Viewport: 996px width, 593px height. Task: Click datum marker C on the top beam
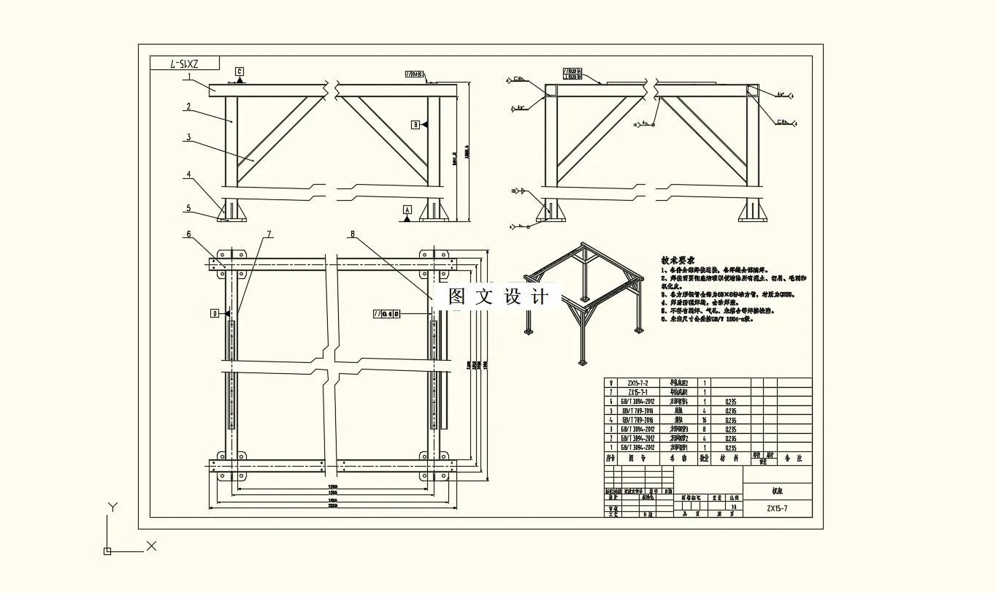(240, 72)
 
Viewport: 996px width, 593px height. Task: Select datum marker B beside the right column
(415, 125)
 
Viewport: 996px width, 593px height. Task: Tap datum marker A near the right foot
(407, 210)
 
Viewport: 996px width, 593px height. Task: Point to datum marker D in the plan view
(215, 313)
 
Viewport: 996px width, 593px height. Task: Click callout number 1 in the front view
(188, 76)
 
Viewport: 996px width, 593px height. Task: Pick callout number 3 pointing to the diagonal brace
(188, 137)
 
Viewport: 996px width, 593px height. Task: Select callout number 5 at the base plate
(188, 208)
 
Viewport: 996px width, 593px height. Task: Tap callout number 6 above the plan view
(188, 234)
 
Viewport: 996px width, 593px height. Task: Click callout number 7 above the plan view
(269, 234)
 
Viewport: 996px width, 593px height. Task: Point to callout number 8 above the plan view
(352, 234)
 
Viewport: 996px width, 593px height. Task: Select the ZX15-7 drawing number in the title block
(777, 508)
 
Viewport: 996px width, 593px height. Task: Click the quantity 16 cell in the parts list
(704, 420)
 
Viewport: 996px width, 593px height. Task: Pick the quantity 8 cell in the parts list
(704, 429)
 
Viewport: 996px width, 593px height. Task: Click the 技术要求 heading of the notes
(678, 260)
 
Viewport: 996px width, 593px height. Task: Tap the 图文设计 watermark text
(498, 296)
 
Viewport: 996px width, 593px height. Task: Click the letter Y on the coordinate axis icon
(112, 507)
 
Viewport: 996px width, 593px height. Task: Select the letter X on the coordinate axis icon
(151, 546)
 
